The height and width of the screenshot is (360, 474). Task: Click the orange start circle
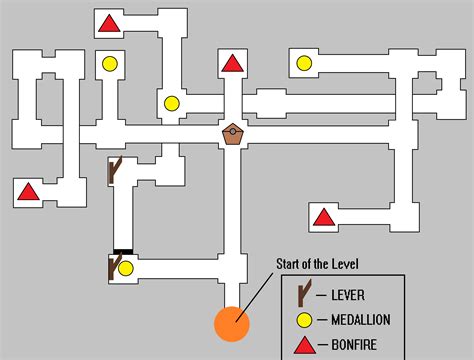tap(232, 324)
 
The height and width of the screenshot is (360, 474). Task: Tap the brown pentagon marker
tap(233, 134)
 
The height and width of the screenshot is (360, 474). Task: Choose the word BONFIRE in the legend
tap(354, 346)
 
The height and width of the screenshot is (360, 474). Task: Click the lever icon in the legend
tap(304, 294)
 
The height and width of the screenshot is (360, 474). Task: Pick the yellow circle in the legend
tap(303, 320)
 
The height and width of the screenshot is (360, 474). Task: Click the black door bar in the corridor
tap(122, 251)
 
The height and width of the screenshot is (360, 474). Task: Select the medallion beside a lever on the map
tap(126, 268)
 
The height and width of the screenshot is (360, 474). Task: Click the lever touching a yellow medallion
tap(113, 267)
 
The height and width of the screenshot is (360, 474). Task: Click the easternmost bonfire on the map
tap(322, 216)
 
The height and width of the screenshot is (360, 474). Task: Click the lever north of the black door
tap(114, 171)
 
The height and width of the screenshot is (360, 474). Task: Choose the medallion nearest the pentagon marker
tap(172, 102)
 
